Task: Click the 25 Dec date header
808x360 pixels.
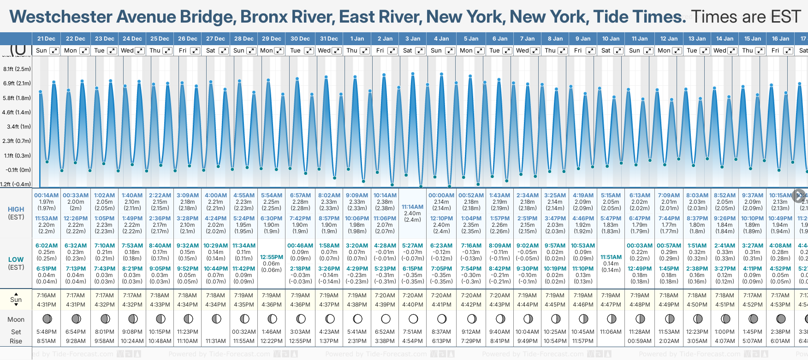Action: click(x=160, y=39)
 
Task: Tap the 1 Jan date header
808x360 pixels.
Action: click(x=357, y=39)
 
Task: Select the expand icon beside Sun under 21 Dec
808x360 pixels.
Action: click(x=54, y=51)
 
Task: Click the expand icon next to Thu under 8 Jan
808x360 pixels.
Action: click(x=563, y=51)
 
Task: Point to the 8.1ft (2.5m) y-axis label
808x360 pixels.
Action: click(x=17, y=69)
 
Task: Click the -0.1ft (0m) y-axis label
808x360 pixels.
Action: click(x=18, y=170)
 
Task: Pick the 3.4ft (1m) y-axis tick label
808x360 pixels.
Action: click(x=19, y=126)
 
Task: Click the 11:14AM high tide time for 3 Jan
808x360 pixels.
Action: click(x=412, y=207)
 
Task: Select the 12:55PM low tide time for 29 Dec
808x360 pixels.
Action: click(x=272, y=257)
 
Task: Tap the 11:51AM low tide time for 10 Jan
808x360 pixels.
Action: click(x=611, y=257)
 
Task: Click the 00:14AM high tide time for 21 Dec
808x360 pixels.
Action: click(x=46, y=195)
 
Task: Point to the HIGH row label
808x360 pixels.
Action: click(x=16, y=209)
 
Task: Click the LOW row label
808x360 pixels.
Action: click(x=16, y=260)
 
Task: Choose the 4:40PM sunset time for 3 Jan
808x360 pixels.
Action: click(x=412, y=305)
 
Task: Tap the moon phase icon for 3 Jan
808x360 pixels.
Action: click(x=413, y=319)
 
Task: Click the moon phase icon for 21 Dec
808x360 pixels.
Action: click(x=47, y=319)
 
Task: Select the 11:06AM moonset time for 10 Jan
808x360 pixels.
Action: click(x=611, y=332)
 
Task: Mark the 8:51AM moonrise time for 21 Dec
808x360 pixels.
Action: click(x=46, y=341)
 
